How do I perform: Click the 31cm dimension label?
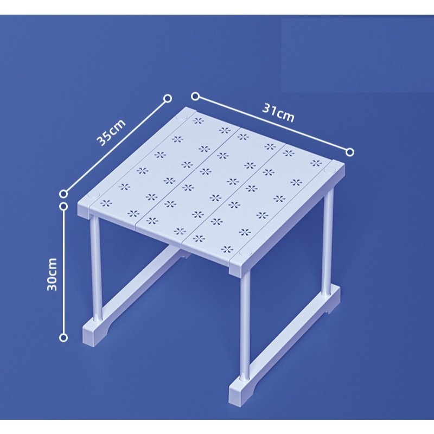(278, 112)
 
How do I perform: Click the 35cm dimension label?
(111, 132)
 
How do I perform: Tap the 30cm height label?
(52, 275)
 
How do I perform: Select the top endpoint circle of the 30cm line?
(63, 207)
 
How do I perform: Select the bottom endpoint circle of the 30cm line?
(63, 337)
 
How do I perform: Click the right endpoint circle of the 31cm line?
(350, 152)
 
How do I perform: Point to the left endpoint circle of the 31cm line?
(195, 97)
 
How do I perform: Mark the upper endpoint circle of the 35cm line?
(168, 99)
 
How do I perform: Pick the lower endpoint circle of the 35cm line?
(63, 194)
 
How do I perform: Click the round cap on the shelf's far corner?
(182, 116)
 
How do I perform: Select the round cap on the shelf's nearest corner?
(245, 252)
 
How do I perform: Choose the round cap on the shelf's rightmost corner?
(329, 170)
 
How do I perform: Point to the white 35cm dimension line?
(116, 146)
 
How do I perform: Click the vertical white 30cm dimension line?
(63, 272)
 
